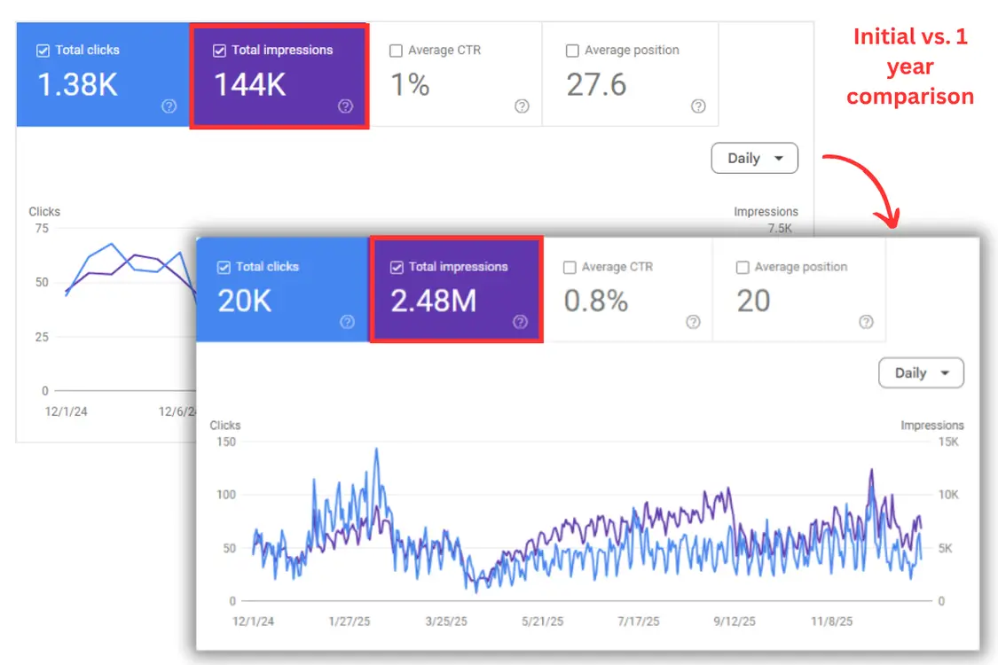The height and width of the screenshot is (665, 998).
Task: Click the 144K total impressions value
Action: [250, 85]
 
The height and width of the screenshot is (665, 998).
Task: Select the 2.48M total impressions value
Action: [433, 301]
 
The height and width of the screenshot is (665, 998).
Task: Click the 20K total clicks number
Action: [245, 301]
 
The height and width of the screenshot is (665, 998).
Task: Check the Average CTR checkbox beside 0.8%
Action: [570, 267]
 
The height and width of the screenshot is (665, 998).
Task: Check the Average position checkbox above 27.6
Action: [572, 51]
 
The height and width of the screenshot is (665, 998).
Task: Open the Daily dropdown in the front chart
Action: [921, 373]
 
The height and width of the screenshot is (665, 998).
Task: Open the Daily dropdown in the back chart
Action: [754, 159]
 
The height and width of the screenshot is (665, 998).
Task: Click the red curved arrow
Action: [865, 187]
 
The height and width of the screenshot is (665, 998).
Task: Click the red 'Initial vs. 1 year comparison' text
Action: [910, 66]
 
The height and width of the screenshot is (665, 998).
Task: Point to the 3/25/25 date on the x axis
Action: [446, 622]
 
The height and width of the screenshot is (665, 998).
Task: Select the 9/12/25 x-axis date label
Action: [734, 622]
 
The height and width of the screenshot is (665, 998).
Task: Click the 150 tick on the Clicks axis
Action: [226, 442]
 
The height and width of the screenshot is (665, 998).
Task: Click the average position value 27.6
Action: [596, 85]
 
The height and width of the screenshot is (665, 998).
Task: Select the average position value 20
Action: [753, 301]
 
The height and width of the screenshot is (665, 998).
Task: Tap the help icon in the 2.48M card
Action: [520, 322]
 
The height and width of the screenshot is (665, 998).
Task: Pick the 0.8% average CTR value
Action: [596, 301]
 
